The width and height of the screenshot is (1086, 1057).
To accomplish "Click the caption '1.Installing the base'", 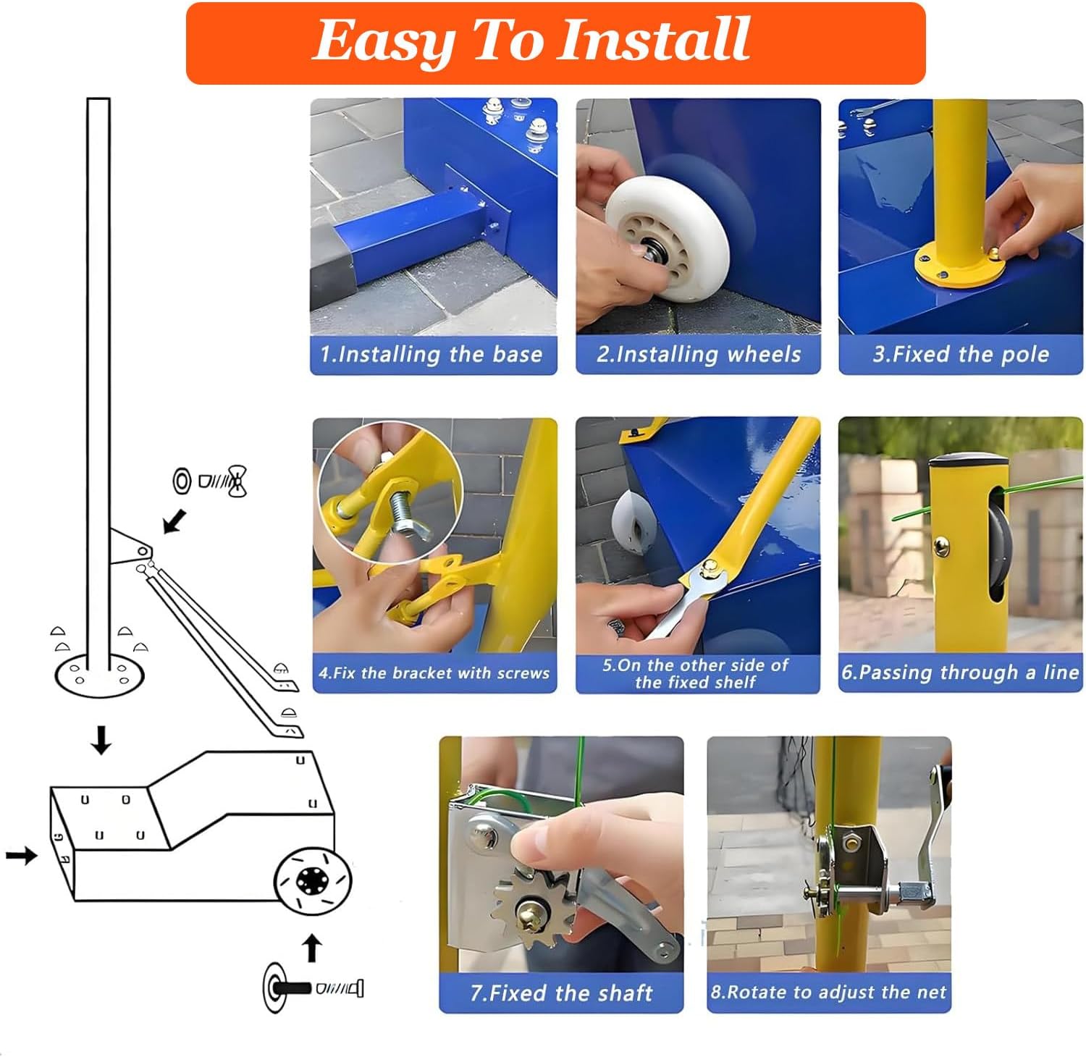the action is click(432, 355).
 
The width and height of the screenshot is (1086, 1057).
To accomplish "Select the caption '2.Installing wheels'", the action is click(699, 355).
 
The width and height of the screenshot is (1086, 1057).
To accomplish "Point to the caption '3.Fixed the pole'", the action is click(961, 355).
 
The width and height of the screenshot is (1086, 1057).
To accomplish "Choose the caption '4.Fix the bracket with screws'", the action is click(434, 673).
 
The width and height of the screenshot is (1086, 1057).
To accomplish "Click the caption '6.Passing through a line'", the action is click(960, 673).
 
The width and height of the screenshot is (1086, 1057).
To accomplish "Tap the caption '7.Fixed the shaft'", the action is click(561, 993).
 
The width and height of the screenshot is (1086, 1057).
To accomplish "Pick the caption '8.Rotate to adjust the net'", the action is click(828, 992).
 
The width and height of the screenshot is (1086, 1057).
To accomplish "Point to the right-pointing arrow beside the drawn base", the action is click(22, 856).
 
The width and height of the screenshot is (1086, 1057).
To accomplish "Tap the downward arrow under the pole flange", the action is click(101, 741).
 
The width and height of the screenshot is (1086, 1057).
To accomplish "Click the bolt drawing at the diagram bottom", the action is click(313, 987).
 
